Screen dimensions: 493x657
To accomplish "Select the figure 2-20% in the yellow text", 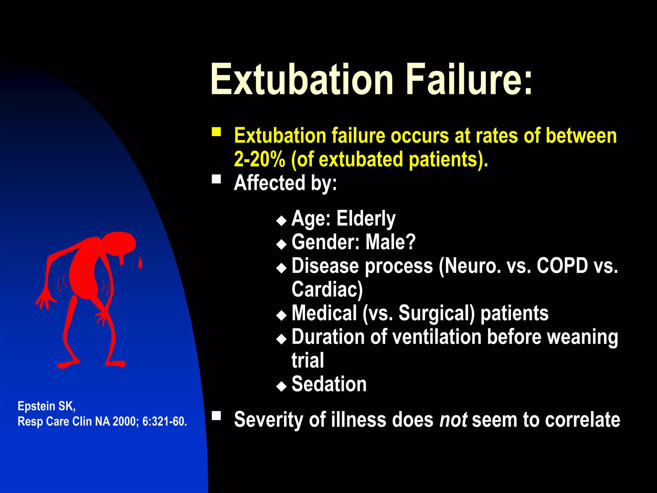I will (259, 159).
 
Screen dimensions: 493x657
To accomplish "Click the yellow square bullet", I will (217, 132).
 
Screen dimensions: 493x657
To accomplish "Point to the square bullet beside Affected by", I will (217, 179).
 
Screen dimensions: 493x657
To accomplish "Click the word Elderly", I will (366, 219).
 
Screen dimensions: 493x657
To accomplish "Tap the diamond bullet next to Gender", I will (281, 245).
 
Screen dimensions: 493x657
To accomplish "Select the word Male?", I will (390, 242).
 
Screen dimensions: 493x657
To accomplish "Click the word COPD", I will (562, 266).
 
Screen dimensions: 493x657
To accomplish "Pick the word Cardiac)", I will (327, 290).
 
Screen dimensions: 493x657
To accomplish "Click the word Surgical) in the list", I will (436, 313).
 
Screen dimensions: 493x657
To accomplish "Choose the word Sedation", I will (329, 384).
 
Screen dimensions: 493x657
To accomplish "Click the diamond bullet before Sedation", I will (281, 386).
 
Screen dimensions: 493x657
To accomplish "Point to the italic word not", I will (453, 420).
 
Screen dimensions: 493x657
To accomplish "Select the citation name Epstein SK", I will (47, 406).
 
